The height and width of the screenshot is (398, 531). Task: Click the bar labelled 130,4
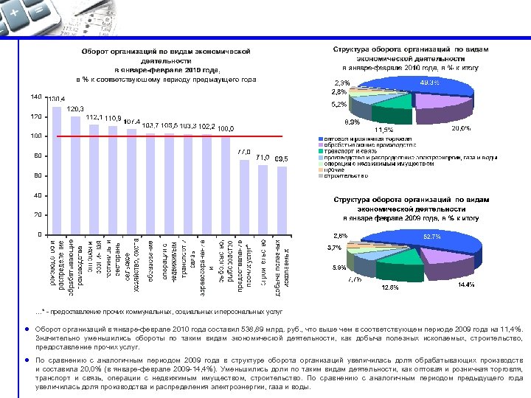click(57, 170)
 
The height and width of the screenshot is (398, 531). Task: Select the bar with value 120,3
click(75, 175)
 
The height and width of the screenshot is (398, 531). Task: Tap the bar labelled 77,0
click(243, 196)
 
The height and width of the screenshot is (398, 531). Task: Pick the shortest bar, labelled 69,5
click(281, 200)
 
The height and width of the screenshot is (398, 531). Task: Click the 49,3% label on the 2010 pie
click(430, 83)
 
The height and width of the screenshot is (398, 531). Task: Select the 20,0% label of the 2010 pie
click(462, 128)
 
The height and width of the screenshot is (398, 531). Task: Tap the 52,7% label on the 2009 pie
click(431, 237)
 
